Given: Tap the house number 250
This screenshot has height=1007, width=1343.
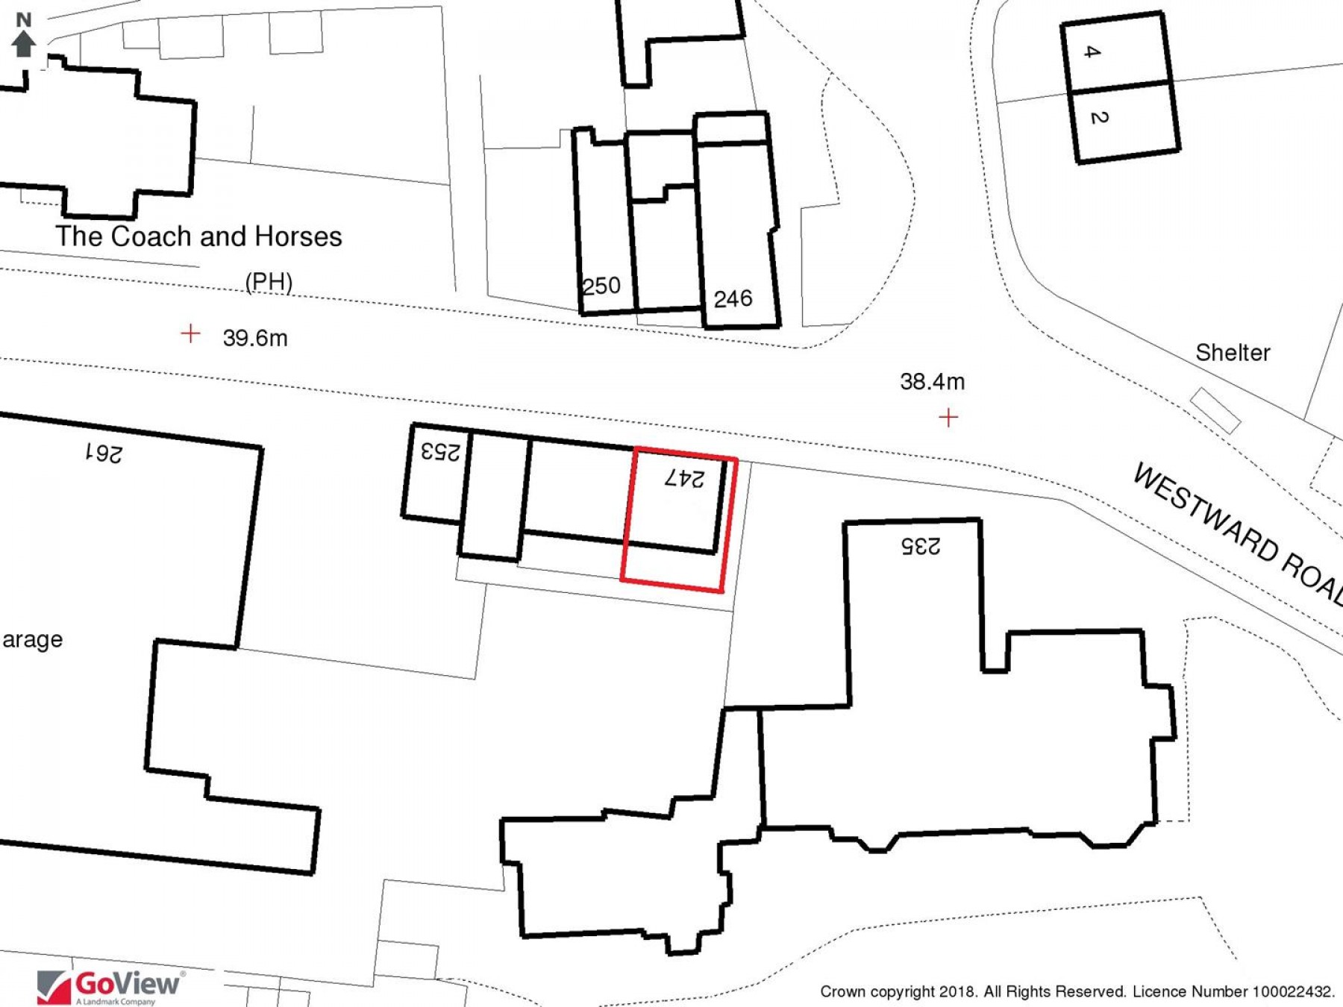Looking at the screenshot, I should pos(601,286).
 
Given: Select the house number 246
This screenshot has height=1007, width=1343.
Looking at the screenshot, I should pos(733,299).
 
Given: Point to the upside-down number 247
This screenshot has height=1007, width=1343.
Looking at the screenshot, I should pos(684,478).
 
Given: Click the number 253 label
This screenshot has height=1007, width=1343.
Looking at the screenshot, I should pos(440,451).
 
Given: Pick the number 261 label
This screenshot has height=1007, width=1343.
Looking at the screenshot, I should pos(103,453).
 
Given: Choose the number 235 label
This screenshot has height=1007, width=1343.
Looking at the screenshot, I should pos(921,546).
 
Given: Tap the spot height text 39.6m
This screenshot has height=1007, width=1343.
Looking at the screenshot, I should pos(255,338).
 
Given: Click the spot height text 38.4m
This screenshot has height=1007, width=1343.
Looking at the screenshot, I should pos(932,382).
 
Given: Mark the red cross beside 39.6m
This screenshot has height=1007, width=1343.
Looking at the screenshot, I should pos(190,333).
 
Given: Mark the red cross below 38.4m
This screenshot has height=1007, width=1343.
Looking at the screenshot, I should pos(948,417).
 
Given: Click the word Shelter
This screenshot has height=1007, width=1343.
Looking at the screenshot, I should pos(1233,353).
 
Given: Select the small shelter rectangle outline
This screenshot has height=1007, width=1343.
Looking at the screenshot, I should pos(1215,410).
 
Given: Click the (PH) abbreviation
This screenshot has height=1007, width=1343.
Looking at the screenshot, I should pos(269,282).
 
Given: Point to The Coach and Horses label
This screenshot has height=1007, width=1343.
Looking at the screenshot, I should pos(198,236).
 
